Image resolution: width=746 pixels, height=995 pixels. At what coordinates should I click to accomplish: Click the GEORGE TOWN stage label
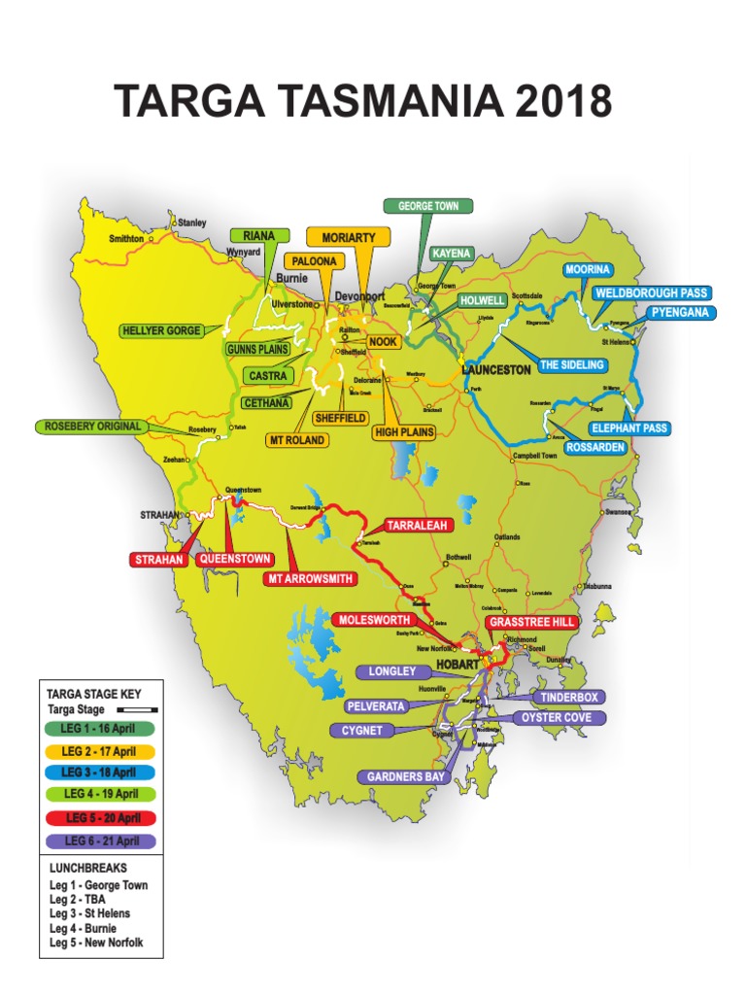pyautogui.click(x=428, y=206)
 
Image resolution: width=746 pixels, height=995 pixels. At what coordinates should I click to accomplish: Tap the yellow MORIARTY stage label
pyautogui.click(x=348, y=237)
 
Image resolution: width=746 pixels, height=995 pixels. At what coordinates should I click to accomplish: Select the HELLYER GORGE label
pyautogui.click(x=162, y=330)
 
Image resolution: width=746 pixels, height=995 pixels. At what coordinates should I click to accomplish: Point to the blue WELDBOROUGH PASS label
pyautogui.click(x=652, y=292)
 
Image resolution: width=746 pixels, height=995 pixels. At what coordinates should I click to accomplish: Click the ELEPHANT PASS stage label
pyautogui.click(x=630, y=428)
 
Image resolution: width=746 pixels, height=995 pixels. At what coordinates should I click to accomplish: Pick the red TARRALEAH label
pyautogui.click(x=417, y=526)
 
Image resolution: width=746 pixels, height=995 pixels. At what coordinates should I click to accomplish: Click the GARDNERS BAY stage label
pyautogui.click(x=406, y=776)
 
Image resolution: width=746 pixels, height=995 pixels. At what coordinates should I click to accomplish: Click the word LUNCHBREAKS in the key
pyautogui.click(x=87, y=868)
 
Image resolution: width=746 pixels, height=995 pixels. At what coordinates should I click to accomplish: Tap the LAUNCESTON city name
pyautogui.click(x=496, y=370)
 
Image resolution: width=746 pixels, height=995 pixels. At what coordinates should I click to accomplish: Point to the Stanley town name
pyautogui.click(x=191, y=223)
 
